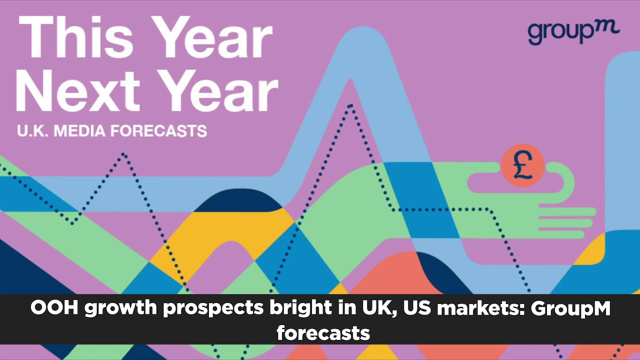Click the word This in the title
76,37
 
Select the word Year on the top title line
211,37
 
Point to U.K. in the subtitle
32,131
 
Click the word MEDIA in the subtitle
79,131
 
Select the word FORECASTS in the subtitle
159,131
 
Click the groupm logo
573,33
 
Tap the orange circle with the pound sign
522,165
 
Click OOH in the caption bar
54,308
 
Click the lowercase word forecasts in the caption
323,333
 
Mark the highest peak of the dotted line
350,106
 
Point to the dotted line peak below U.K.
124,154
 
